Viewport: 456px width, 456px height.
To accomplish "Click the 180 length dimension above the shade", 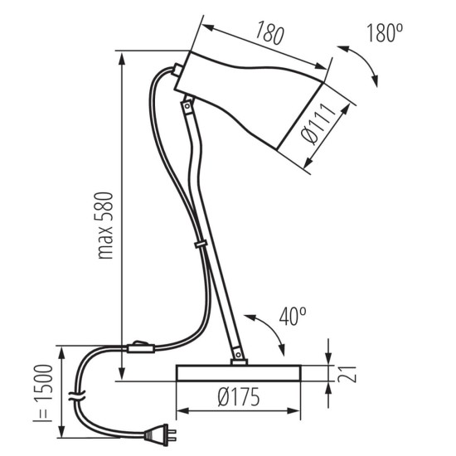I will tap(269, 34).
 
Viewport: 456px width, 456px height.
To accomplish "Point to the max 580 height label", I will tap(104, 228).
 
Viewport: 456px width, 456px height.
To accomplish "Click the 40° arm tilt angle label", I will tap(292, 315).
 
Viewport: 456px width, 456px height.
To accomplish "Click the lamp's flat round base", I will tap(239, 372).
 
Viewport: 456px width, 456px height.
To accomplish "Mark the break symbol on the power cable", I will tap(76, 396).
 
